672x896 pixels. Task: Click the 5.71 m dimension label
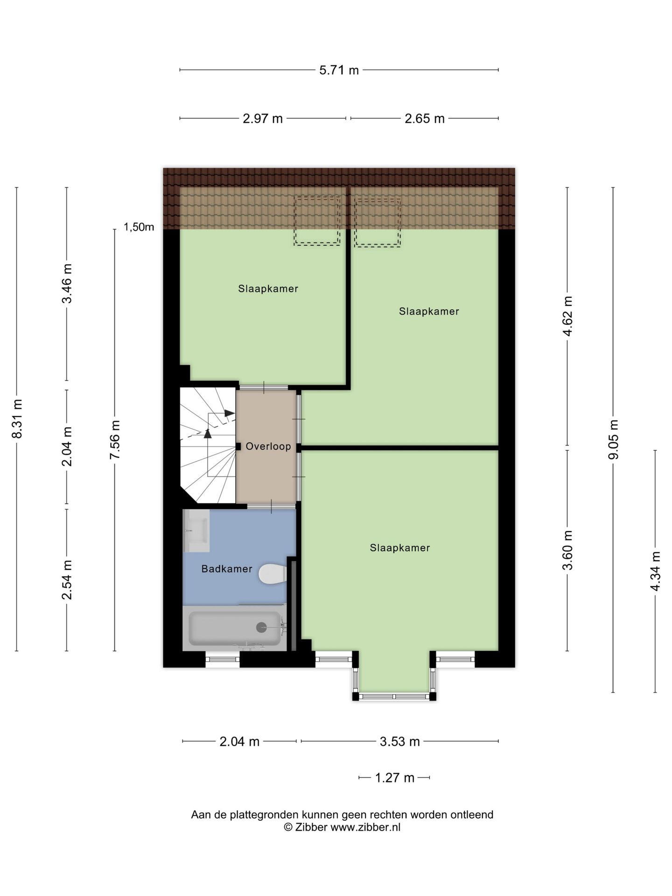point(339,70)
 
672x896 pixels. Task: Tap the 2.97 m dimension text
point(263,119)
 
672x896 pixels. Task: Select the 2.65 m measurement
point(424,119)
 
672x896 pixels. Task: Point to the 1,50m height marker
point(139,227)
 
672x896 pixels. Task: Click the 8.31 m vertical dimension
point(17,419)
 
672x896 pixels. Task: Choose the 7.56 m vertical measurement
point(115,439)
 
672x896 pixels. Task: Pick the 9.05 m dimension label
point(613,439)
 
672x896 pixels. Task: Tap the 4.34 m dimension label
point(656,571)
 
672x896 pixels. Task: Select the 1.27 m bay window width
point(395,778)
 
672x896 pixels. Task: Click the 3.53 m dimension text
point(400,741)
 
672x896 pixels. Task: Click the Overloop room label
point(268,447)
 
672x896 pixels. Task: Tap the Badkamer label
point(227,569)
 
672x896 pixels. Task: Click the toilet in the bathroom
point(272,574)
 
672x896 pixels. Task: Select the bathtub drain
point(261,628)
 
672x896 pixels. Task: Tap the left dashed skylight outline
point(317,221)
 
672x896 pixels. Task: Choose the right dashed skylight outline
point(378,222)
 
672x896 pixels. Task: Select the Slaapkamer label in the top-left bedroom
point(268,289)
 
